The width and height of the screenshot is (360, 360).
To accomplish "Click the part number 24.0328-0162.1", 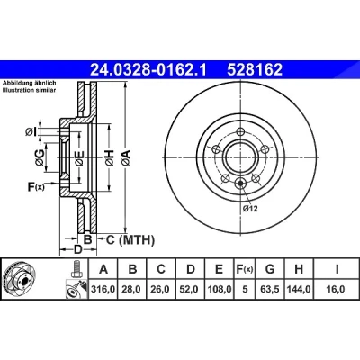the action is coord(148,70).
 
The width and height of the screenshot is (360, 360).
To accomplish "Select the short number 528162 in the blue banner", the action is coord(255,70).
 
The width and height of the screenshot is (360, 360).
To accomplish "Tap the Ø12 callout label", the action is coord(250,209).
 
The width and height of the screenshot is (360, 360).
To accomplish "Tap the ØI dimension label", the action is coord(31,131).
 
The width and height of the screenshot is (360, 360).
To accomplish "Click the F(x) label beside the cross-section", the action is coord(36,187).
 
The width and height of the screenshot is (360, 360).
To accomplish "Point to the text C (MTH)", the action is coord(130,239).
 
